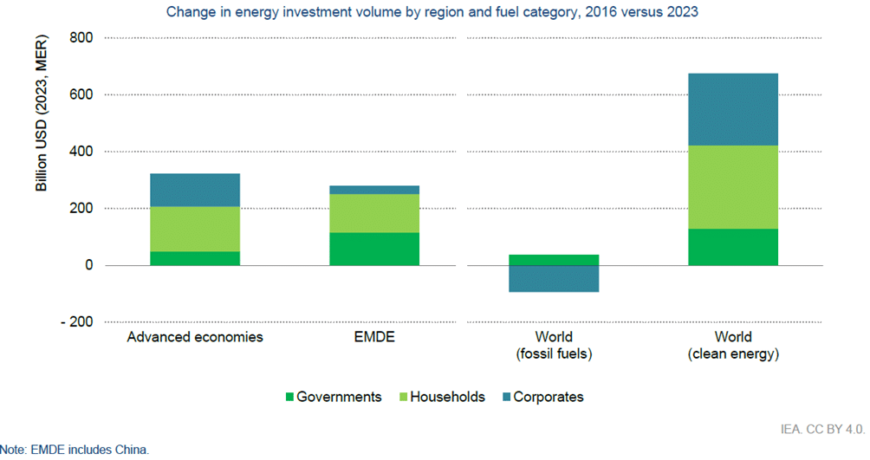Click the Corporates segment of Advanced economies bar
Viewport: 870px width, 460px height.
(195, 190)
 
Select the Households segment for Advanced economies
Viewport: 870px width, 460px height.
(195, 229)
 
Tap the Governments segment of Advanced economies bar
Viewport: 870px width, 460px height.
(195, 258)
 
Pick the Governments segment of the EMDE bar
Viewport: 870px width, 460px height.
(373, 249)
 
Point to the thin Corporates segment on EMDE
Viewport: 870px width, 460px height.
(373, 190)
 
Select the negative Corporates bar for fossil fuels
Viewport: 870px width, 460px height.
(554, 278)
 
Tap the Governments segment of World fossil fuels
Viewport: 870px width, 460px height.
(554, 260)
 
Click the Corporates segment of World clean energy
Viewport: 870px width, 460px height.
(732, 109)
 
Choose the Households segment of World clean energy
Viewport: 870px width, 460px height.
(732, 187)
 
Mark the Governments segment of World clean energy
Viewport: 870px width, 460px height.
(732, 247)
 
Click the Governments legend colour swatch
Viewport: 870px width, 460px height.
(290, 398)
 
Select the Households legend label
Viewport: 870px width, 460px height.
(446, 397)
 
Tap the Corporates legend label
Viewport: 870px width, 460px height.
(548, 397)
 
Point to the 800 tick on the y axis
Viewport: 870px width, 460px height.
(81, 38)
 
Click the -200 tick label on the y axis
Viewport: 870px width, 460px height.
(78, 322)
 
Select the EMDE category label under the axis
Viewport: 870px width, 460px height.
(373, 337)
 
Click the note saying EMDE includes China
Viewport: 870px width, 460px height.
(75, 450)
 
